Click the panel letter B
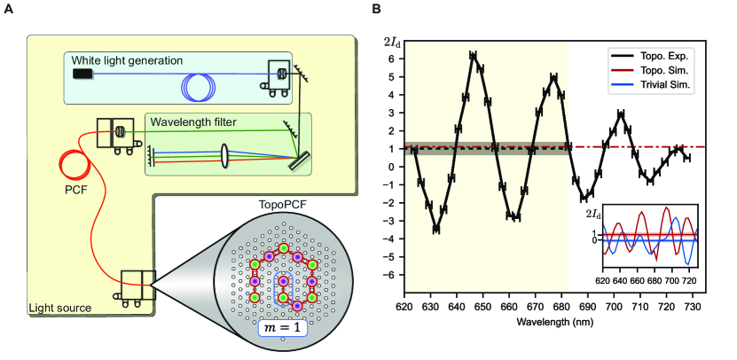click(376, 9)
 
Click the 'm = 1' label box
click(282, 330)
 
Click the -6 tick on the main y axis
click(391, 276)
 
